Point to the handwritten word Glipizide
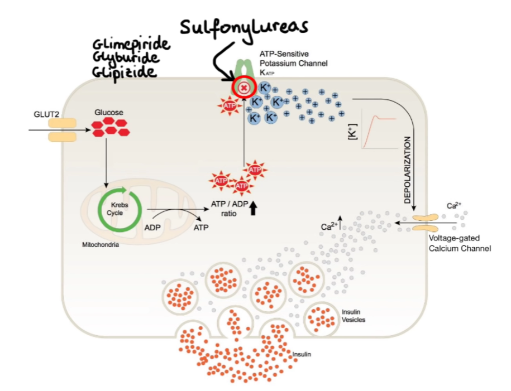tap(125, 72)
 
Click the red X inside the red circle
tap(243, 88)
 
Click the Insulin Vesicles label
tap(353, 316)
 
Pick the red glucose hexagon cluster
tap(110, 128)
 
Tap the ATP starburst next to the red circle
tap(229, 105)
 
